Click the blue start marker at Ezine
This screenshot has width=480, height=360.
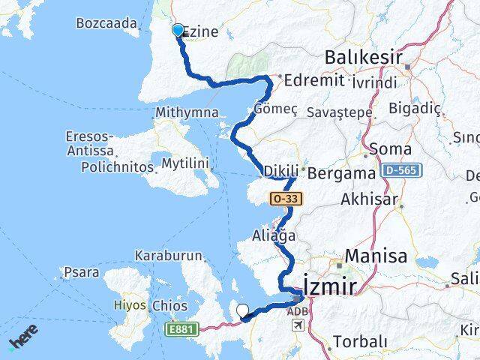click(x=178, y=30)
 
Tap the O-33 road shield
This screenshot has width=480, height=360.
click(x=283, y=198)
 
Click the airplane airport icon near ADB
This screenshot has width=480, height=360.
click(x=298, y=325)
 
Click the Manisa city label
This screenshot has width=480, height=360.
click(x=376, y=256)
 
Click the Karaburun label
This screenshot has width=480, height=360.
click(x=169, y=256)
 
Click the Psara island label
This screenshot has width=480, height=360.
click(x=82, y=272)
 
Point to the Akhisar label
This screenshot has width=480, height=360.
click(x=367, y=200)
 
